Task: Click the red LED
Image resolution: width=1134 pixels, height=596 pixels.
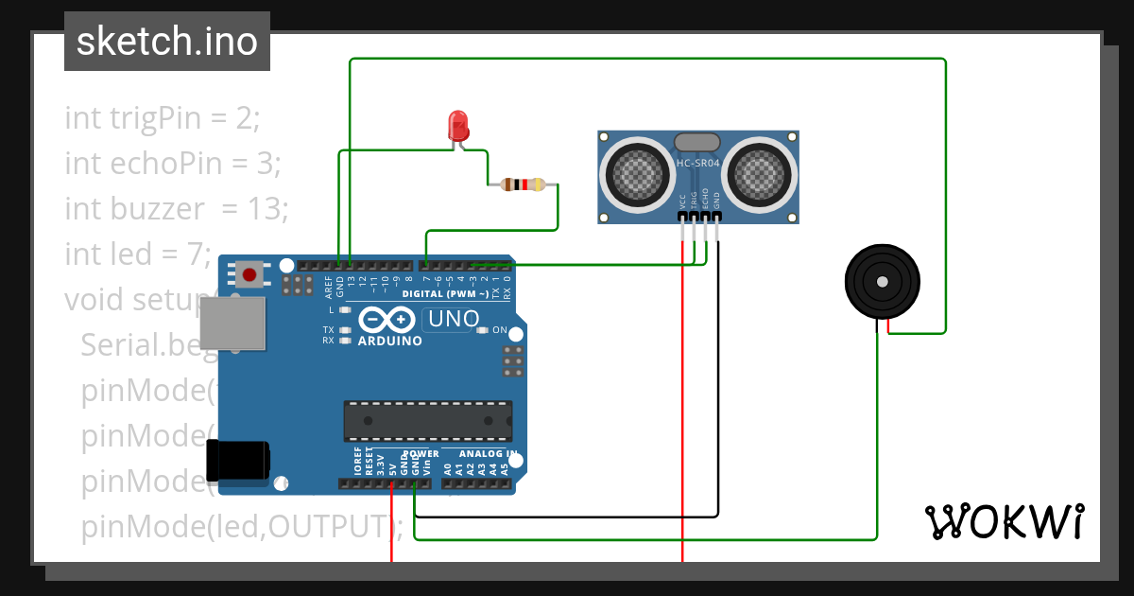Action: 458,126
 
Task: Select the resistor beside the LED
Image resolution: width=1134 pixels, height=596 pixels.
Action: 523,184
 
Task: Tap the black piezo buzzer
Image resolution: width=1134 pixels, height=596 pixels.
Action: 883,282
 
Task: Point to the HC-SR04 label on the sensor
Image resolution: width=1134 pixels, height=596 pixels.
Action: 698,164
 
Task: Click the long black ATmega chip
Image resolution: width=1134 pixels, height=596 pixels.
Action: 427,421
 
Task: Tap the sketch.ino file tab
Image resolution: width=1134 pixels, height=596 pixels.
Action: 167,42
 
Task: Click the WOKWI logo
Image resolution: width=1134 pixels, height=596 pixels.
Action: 1004,521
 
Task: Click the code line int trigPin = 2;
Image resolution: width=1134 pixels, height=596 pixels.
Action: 162,118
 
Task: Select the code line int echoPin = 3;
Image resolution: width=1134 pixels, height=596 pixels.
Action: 173,163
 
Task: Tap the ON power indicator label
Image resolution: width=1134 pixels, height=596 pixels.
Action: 500,330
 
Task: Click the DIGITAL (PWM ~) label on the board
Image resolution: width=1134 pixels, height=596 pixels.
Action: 445,294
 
